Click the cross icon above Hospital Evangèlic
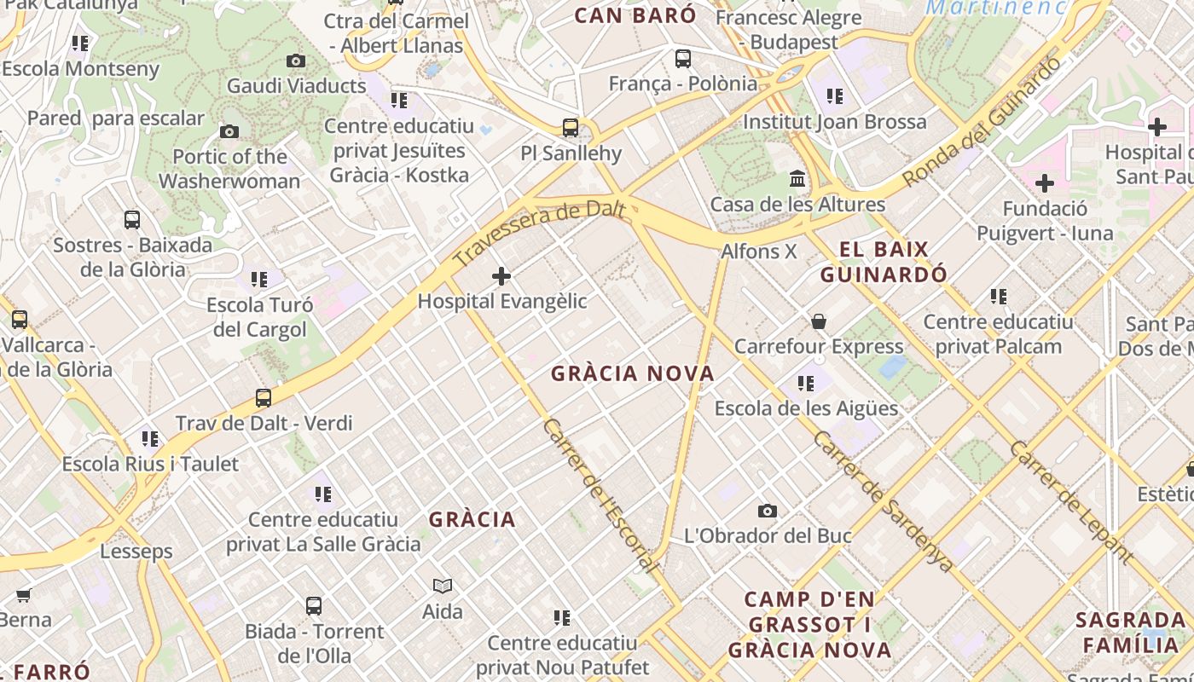pyautogui.click(x=501, y=275)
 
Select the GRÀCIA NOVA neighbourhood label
pyautogui.click(x=633, y=373)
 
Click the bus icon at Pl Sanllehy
pyautogui.click(x=571, y=128)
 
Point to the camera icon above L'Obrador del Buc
pyautogui.click(x=768, y=511)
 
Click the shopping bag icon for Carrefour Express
pyautogui.click(x=819, y=321)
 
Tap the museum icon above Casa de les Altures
pyautogui.click(x=797, y=178)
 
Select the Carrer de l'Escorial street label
pyautogui.click(x=600, y=495)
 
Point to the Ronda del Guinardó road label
pyautogui.click(x=982, y=121)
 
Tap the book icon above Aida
pyautogui.click(x=443, y=586)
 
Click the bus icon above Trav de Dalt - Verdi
pyautogui.click(x=264, y=397)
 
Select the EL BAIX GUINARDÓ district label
pyautogui.click(x=884, y=262)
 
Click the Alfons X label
pyautogui.click(x=758, y=251)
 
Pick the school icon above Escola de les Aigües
pyautogui.click(x=806, y=384)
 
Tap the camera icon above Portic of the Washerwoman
pyautogui.click(x=229, y=131)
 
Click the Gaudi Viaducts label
pyautogui.click(x=296, y=85)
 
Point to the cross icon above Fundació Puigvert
pyautogui.click(x=1045, y=183)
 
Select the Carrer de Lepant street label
pyautogui.click(x=1071, y=502)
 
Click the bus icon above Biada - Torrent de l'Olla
pyautogui.click(x=314, y=606)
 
